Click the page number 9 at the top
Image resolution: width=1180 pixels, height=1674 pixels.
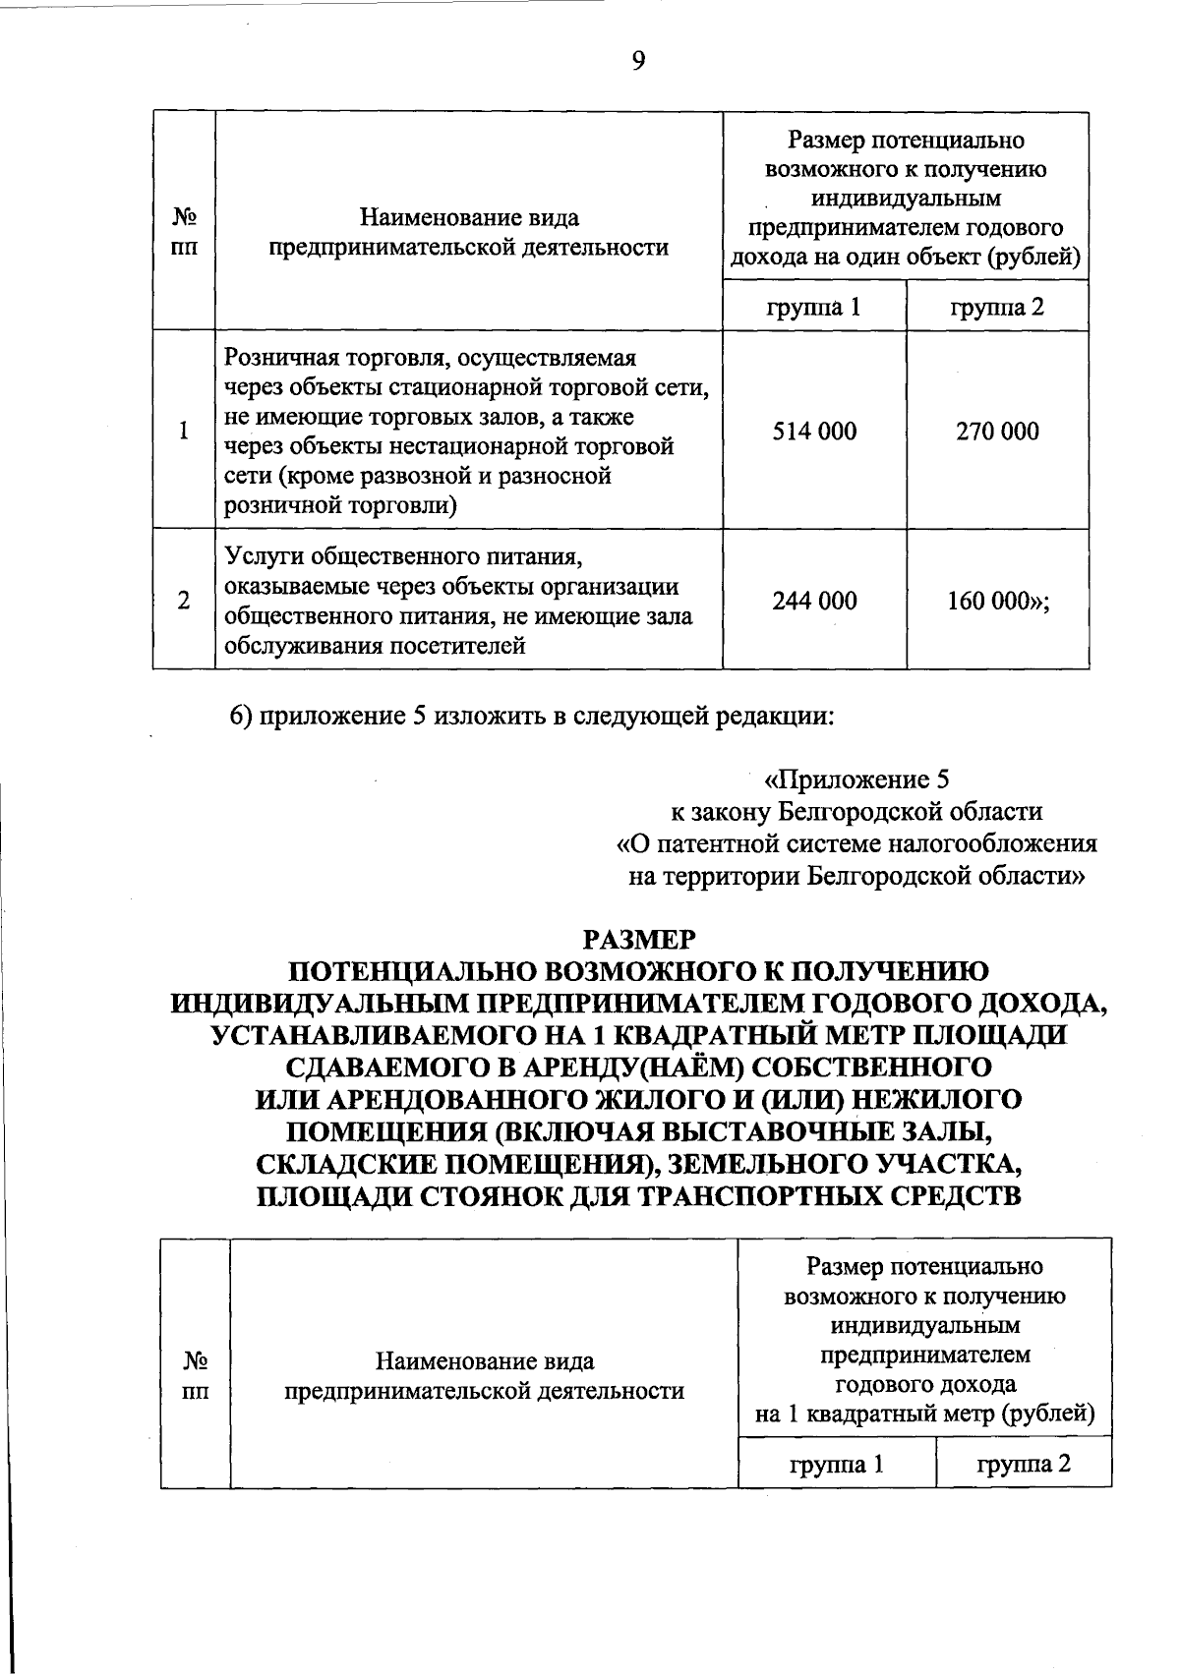638,62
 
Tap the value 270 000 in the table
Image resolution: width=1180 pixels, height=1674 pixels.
997,432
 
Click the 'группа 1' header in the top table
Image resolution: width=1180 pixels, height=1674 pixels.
813,307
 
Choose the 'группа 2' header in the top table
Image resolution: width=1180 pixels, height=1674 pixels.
997,307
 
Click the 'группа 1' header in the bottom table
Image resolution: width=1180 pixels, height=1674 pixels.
837,1465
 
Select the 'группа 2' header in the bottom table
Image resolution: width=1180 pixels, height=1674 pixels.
1023,1465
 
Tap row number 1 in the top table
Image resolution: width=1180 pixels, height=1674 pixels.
184,432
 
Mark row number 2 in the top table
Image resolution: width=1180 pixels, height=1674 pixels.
184,601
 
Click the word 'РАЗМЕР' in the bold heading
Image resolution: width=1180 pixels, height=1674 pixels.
638,941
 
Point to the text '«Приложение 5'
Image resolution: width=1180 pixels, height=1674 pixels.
857,780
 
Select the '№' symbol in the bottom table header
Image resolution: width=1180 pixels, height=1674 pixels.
195,1361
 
